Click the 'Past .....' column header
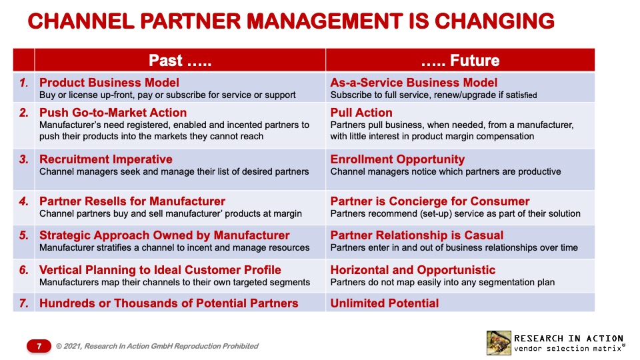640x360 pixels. tap(180, 61)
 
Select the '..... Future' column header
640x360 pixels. tap(460, 61)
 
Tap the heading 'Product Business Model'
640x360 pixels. tap(109, 83)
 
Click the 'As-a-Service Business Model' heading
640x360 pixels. tap(414, 83)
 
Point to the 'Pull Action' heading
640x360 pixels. tap(361, 113)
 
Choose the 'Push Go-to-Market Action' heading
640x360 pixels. tap(113, 113)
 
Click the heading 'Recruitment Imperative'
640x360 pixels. tap(106, 159)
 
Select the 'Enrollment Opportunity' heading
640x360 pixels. tap(397, 159)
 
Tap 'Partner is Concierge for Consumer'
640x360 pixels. tap(430, 201)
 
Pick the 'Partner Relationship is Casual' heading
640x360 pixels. tap(417, 235)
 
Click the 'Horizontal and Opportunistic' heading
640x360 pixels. tap(413, 270)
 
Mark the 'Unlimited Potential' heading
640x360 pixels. tap(385, 303)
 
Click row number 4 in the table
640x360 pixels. tap(24, 201)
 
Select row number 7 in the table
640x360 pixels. tap(24, 303)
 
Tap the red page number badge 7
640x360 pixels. tap(39, 346)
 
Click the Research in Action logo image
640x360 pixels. tap(499, 343)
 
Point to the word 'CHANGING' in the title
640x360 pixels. tap(494, 21)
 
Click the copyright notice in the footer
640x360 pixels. tap(157, 346)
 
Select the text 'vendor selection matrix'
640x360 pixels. tap(568, 349)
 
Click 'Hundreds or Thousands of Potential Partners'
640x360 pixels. tap(169, 303)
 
